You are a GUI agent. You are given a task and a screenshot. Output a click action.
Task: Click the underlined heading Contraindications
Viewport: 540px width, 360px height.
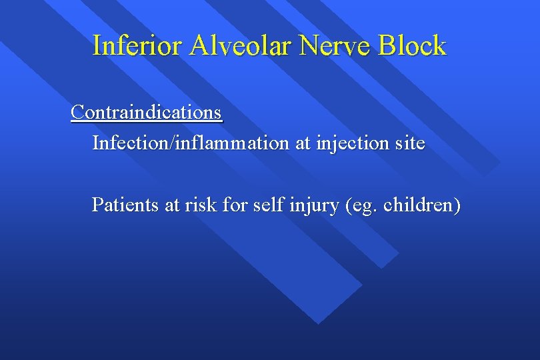point(146,112)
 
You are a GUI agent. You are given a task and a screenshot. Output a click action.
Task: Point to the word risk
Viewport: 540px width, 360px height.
point(203,204)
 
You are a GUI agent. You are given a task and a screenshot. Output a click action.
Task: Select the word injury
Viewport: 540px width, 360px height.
point(314,205)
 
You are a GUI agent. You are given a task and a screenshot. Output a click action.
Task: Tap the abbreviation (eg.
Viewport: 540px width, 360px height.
point(361,205)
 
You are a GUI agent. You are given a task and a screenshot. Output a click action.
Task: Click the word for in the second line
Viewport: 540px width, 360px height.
point(235,204)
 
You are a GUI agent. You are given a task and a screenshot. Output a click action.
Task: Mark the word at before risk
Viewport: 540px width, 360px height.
point(173,204)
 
